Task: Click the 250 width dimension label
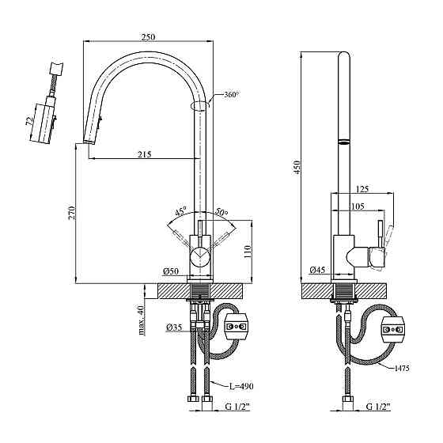coord(149,37)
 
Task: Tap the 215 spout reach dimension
coord(144,154)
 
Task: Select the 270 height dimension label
coord(72,213)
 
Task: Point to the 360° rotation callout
coord(232,95)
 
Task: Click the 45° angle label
coord(181,211)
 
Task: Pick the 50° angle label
coord(221,211)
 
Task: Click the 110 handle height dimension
coord(247,252)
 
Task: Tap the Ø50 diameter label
coord(171,271)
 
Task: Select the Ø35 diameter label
coord(174,328)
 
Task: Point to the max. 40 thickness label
coord(142,320)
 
